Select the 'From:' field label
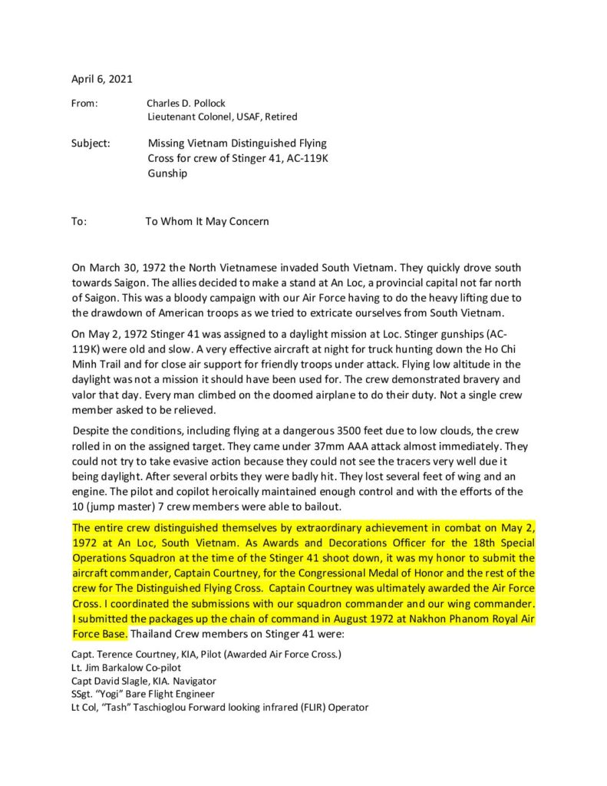click(x=84, y=103)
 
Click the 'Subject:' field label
click(x=91, y=143)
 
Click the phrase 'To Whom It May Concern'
click(x=207, y=222)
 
